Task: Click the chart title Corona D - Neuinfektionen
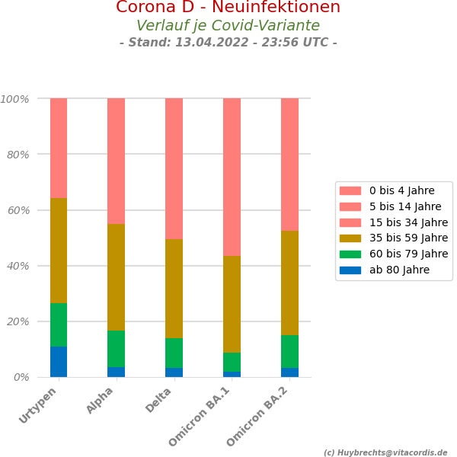tap(228, 8)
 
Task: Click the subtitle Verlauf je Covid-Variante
tap(228, 26)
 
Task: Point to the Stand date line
tap(228, 43)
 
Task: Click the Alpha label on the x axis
tap(101, 401)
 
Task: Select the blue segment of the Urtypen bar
tap(59, 362)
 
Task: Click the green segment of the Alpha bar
tap(116, 349)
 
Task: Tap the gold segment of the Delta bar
tap(174, 289)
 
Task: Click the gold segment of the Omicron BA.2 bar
tap(289, 283)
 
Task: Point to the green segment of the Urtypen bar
tap(59, 324)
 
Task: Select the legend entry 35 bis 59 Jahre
tap(408, 238)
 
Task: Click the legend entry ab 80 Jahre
tap(399, 270)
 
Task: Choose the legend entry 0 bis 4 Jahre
tap(401, 190)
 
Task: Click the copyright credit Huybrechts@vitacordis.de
tap(385, 452)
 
